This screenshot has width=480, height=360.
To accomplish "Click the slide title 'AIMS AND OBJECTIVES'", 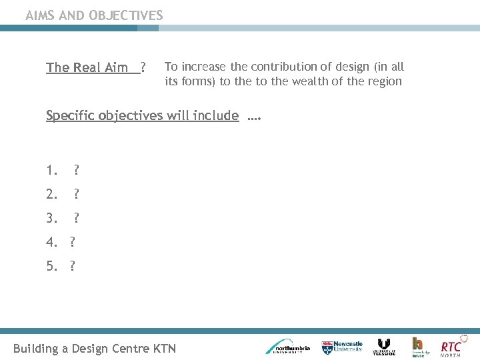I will (94, 15).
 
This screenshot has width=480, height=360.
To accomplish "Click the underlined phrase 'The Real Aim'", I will (87, 67).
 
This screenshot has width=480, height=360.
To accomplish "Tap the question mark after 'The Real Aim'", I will (143, 67).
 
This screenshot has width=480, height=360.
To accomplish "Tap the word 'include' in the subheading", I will (215, 115).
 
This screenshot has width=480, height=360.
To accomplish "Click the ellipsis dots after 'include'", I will (253, 118).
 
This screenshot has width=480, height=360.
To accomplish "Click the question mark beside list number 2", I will (77, 195).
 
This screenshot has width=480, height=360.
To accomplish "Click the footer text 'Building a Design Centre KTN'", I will (95, 348).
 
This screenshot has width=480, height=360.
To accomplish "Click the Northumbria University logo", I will (287, 346).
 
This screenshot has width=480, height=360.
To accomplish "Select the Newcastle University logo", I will (343, 347).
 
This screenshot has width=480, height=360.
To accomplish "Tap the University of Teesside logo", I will (384, 347).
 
